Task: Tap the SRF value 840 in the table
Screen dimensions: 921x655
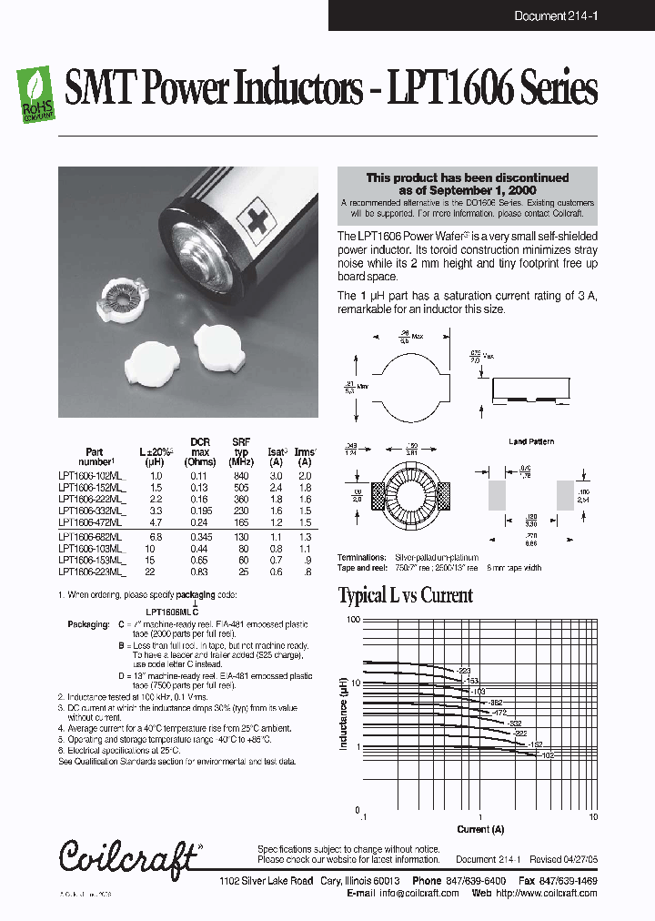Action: tap(240, 476)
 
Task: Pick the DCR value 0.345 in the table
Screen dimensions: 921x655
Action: tap(199, 538)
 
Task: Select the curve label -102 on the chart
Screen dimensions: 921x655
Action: tap(546, 755)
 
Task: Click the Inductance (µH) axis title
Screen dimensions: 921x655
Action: tap(344, 714)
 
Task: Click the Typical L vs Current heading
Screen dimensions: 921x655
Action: tap(405, 596)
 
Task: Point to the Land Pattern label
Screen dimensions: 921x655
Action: tap(531, 441)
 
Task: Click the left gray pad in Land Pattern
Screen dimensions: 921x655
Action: tap(497, 497)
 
